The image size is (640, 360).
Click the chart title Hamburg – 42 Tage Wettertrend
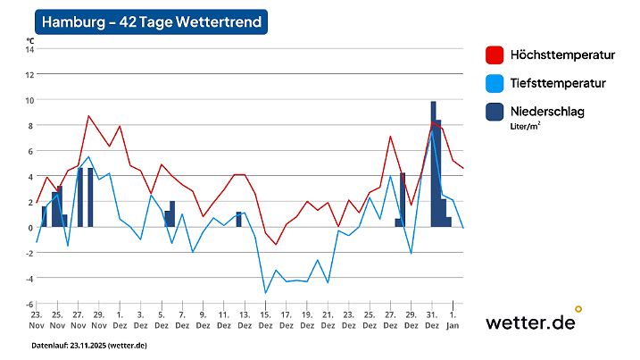click(x=152, y=22)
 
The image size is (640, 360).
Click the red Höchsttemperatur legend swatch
click(x=495, y=55)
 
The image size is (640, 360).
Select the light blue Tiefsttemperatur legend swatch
click(x=495, y=83)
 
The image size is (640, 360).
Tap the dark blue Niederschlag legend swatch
click(x=495, y=112)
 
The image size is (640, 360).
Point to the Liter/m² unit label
click(x=526, y=126)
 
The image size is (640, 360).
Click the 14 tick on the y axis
click(x=29, y=49)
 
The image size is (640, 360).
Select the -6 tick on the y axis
click(x=29, y=305)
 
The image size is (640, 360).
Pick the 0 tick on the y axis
click(x=30, y=228)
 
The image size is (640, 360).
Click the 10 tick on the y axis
click(x=29, y=100)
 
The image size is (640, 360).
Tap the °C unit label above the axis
click(x=30, y=39)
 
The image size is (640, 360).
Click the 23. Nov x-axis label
click(x=37, y=320)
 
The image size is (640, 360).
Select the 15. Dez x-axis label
click(x=265, y=320)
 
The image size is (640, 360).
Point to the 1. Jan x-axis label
click(x=453, y=320)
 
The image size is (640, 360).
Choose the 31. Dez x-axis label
click(x=432, y=320)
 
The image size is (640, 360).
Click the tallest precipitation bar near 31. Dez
click(x=433, y=164)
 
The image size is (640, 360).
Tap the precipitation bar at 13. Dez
click(x=239, y=220)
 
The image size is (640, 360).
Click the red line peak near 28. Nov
click(x=88, y=116)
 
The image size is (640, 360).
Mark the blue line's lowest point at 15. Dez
click(x=265, y=292)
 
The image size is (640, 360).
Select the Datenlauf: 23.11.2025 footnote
click(x=89, y=345)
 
